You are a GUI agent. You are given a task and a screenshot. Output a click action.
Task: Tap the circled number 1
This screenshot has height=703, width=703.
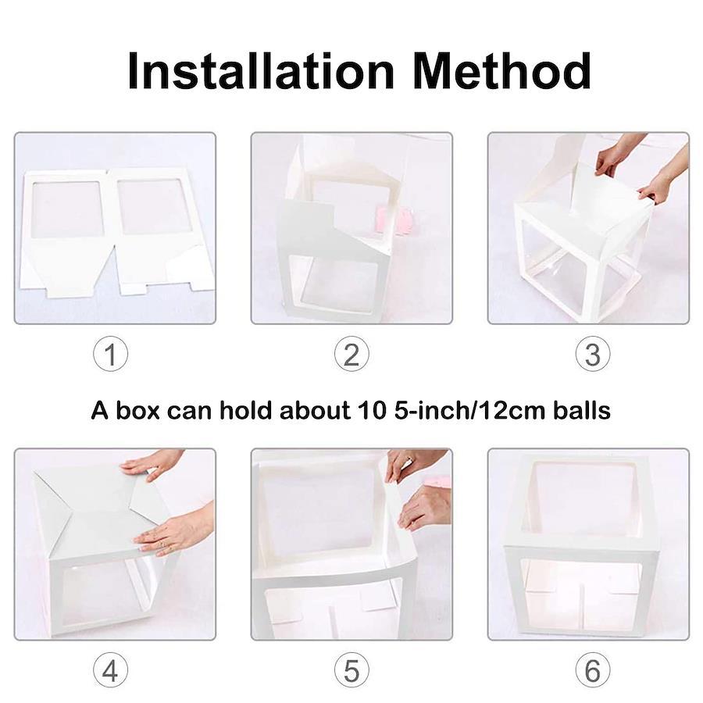pyautogui.click(x=110, y=354)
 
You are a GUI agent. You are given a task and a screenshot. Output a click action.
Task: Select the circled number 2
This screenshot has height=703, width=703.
pyautogui.click(x=351, y=354)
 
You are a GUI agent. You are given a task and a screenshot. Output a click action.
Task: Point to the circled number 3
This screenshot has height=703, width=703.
pyautogui.click(x=593, y=354)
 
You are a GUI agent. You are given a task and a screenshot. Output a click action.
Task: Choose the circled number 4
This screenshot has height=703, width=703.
pyautogui.click(x=110, y=670)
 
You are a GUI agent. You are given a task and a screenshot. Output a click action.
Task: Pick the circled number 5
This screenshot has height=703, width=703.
pyautogui.click(x=351, y=670)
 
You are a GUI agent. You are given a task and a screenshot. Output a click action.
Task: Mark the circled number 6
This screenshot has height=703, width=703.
pyautogui.click(x=593, y=670)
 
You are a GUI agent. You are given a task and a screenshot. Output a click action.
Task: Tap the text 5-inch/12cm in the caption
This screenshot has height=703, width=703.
pyautogui.click(x=470, y=411)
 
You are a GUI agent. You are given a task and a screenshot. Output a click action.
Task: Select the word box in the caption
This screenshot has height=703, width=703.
pyautogui.click(x=137, y=410)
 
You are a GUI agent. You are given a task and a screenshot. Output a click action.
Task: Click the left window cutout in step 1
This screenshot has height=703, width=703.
pyautogui.click(x=68, y=209)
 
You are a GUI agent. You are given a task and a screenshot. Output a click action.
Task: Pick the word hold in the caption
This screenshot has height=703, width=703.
pyautogui.click(x=245, y=410)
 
